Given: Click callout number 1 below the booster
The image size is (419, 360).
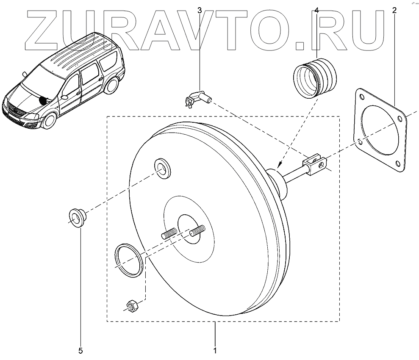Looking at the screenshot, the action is (x=215, y=350).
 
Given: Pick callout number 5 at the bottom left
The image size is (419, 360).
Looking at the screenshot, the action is (x=80, y=350).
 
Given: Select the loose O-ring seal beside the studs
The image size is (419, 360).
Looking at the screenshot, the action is (x=130, y=260).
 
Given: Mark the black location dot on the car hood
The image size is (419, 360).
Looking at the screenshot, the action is (x=42, y=101).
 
